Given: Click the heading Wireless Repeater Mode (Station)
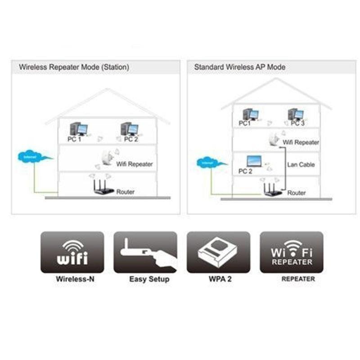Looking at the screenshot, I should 74,67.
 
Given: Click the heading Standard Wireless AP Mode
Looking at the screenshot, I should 239,67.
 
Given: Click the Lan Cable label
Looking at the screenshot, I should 301,165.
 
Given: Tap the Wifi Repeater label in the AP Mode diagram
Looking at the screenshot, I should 301,142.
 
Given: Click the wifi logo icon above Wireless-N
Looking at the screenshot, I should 72,252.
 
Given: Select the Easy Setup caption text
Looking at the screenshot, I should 149,279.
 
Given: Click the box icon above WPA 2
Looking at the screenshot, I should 218,252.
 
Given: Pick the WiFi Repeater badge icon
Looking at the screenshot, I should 291,252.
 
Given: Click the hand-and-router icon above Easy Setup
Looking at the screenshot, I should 145,252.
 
